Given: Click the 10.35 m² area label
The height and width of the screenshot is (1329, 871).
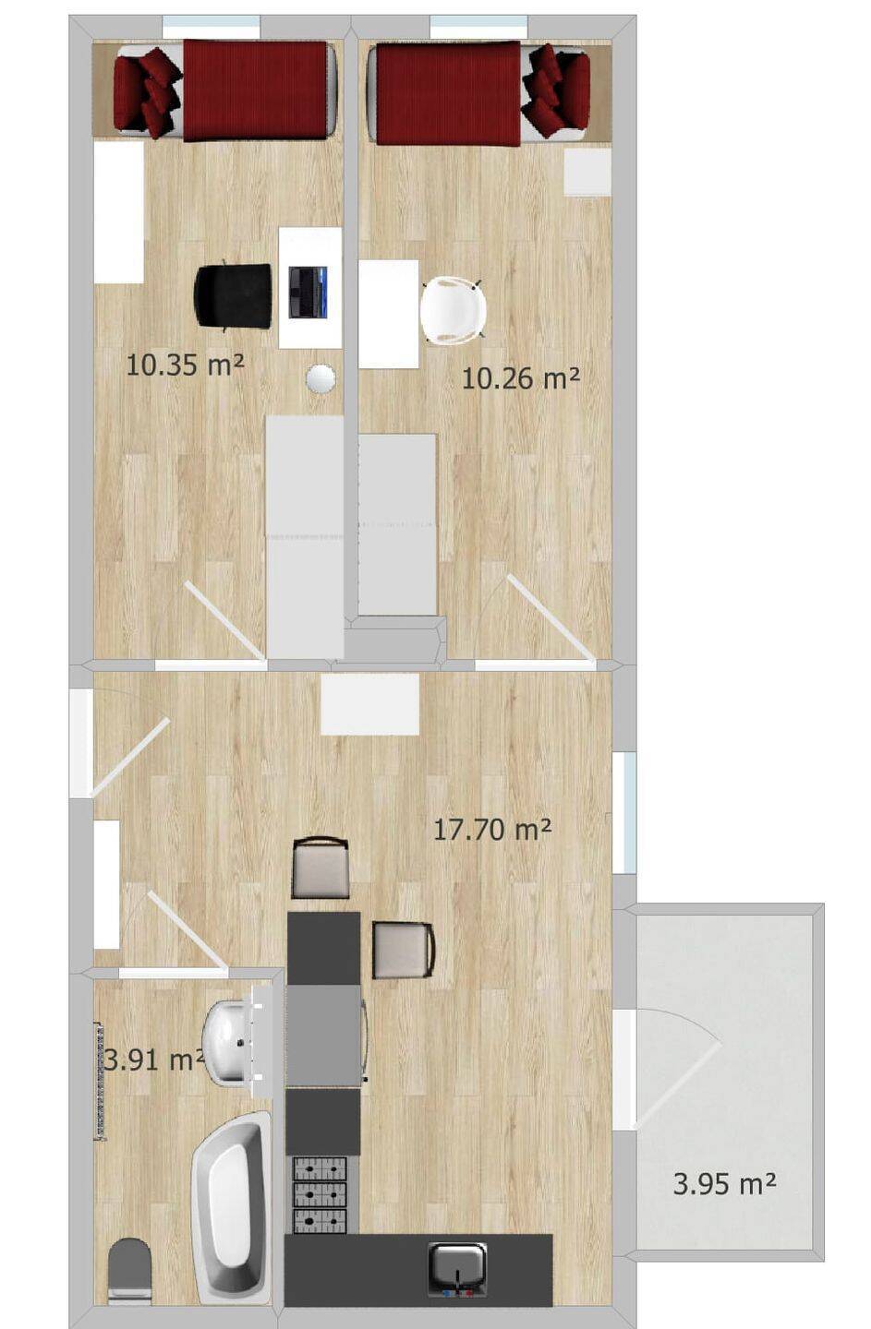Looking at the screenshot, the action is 186,365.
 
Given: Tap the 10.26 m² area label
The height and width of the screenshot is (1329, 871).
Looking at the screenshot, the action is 520,378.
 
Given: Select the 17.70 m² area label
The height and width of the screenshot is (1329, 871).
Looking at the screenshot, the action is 492,829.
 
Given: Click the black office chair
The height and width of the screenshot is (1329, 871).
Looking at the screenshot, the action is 233,295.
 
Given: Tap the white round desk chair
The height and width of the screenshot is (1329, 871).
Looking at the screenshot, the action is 453,310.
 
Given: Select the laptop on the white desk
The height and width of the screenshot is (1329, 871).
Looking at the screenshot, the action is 308,292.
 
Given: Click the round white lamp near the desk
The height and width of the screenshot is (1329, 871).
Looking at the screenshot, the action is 321,378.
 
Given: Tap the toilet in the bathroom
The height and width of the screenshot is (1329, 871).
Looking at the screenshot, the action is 130,1273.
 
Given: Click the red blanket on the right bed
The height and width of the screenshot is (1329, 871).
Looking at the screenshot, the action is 449,93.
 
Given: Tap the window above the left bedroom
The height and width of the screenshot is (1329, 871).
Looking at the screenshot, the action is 212,22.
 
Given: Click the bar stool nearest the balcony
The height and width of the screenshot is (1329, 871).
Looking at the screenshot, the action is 404,950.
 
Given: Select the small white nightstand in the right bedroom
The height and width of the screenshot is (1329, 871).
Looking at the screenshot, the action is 587,172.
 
